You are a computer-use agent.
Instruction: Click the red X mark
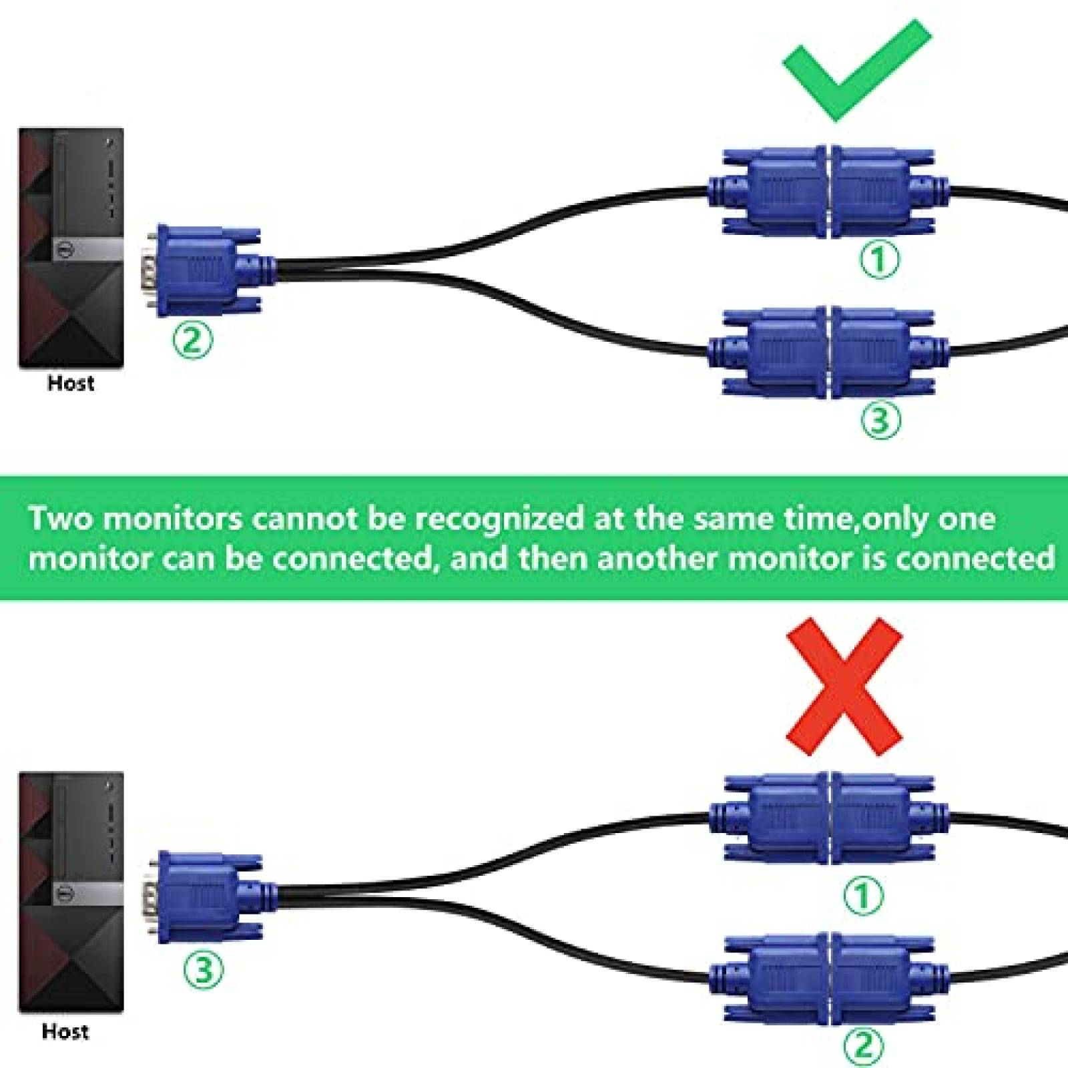[844, 686]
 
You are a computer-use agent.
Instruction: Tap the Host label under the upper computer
[71, 383]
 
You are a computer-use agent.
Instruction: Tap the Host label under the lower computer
[65, 1031]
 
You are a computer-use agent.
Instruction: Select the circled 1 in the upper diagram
[879, 260]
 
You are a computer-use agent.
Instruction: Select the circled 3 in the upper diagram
[879, 420]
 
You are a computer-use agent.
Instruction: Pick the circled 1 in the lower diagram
[864, 894]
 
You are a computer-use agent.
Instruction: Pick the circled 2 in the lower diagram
[864, 1045]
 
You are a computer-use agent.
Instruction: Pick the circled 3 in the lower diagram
[203, 969]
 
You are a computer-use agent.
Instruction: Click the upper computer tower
[71, 248]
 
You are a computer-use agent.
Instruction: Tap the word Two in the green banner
[61, 519]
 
